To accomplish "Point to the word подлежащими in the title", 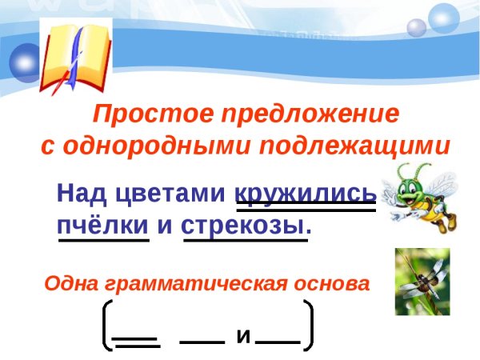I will point(369,147).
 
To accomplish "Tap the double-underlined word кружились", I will point(305,194).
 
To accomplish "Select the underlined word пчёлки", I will point(103,224).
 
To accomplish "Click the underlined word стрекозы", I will point(246,224).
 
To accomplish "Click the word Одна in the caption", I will point(70,283).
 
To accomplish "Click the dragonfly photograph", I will point(422,281).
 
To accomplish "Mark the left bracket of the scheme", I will point(106,326).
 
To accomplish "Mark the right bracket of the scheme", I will point(309,326).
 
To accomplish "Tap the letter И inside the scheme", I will point(243,337).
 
